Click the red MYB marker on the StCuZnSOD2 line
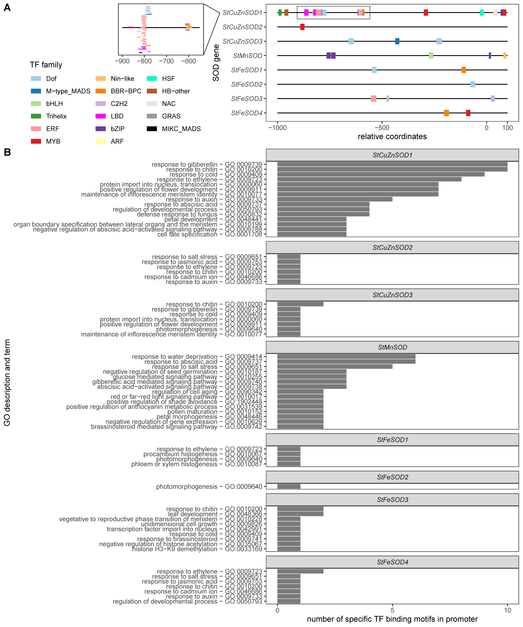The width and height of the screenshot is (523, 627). click(x=302, y=27)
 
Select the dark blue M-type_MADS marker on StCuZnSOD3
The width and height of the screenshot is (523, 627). click(x=397, y=41)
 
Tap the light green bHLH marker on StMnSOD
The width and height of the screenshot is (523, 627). click(x=431, y=56)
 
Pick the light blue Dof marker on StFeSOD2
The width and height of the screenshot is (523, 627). click(x=473, y=84)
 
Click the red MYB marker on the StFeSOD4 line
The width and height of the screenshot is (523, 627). click(x=468, y=113)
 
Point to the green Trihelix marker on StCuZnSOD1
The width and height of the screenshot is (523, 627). click(x=280, y=13)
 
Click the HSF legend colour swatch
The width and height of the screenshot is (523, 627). click(x=152, y=79)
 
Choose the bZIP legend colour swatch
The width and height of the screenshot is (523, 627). click(x=100, y=129)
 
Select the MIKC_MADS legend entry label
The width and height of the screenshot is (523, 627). click(x=181, y=129)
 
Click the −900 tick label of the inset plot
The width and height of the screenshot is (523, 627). click(x=122, y=61)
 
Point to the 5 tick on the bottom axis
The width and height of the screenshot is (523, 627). click(x=392, y=610)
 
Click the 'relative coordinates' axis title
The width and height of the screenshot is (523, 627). click(x=392, y=136)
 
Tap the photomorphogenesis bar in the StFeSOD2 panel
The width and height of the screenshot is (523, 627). click(x=289, y=486)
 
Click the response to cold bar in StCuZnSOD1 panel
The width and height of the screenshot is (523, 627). click(x=381, y=174)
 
